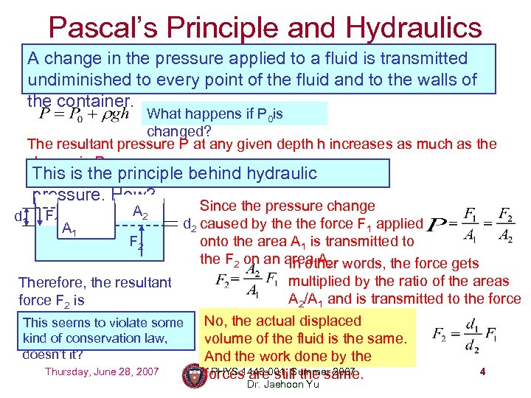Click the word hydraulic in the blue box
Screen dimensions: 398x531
(274, 174)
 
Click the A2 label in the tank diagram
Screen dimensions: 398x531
(140, 212)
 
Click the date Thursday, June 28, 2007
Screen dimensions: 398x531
(102, 371)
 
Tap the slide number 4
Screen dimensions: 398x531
(482, 371)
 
